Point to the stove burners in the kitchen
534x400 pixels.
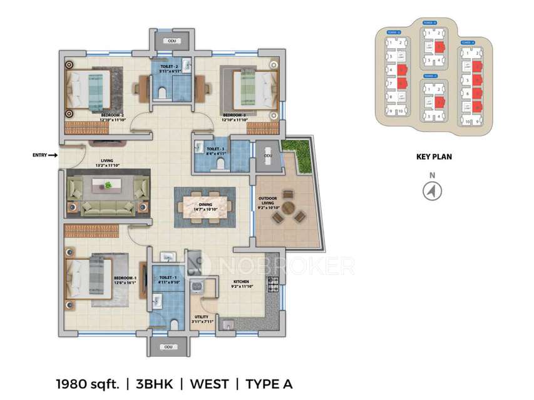pyautogui.click(x=274, y=284)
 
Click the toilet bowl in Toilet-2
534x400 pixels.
pyautogui.click(x=162, y=93)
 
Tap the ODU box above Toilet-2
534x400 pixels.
pyautogui.click(x=172, y=41)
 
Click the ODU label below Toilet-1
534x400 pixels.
pyautogui.click(x=168, y=347)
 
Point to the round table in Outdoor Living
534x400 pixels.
pyautogui.click(x=289, y=207)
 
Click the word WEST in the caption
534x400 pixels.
pyautogui.click(x=209, y=383)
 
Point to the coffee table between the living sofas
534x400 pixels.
pyautogui.click(x=108, y=186)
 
